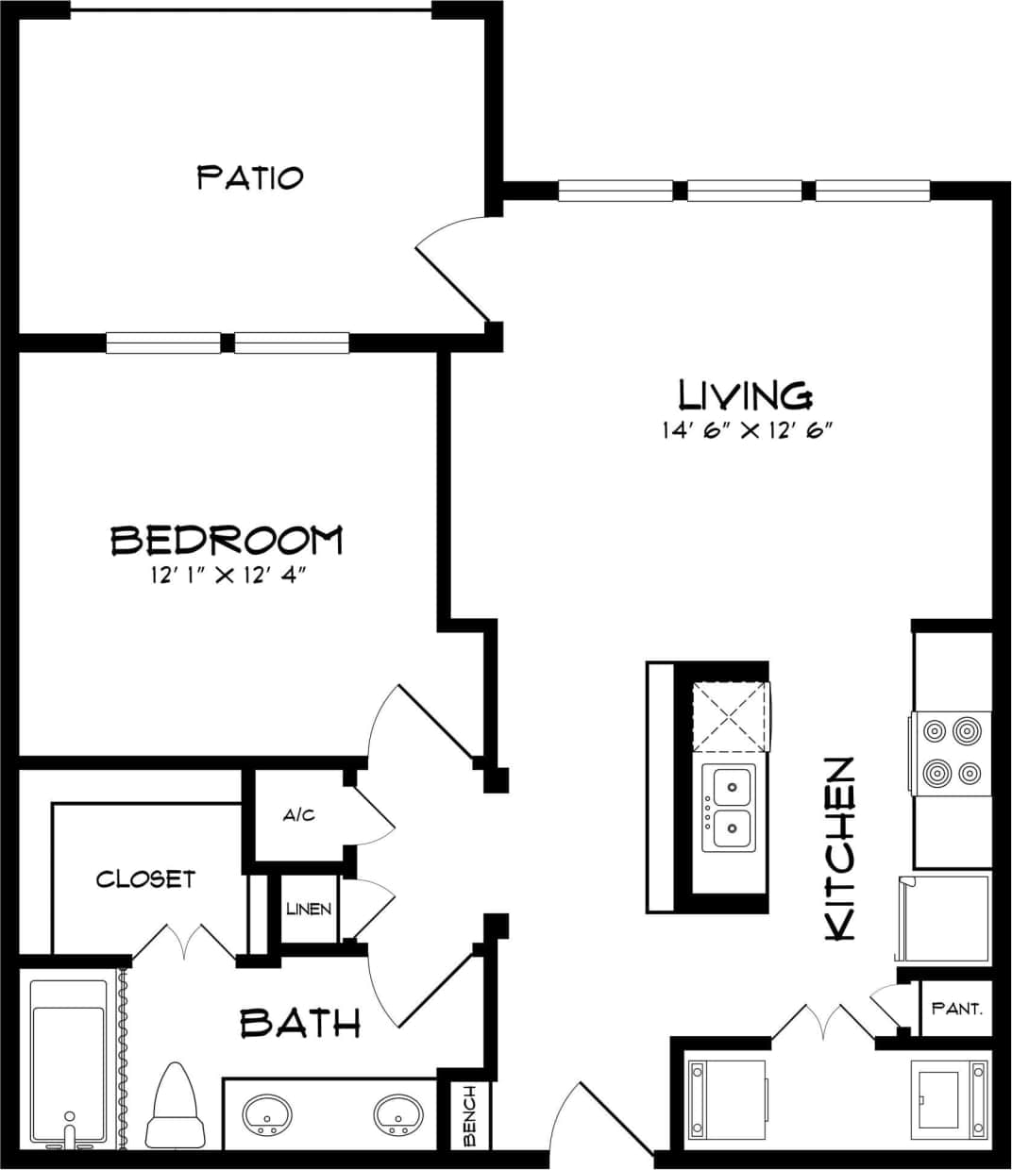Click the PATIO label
pos(250,176)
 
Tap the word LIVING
pos(745,394)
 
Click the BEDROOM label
pos(227,540)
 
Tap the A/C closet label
pos(298,814)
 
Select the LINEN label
pos(309,910)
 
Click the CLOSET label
pos(145,879)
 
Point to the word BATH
pos(300,1023)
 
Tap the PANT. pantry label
pos(956,1009)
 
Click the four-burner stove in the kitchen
pos(952,752)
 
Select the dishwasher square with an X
pos(730,717)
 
